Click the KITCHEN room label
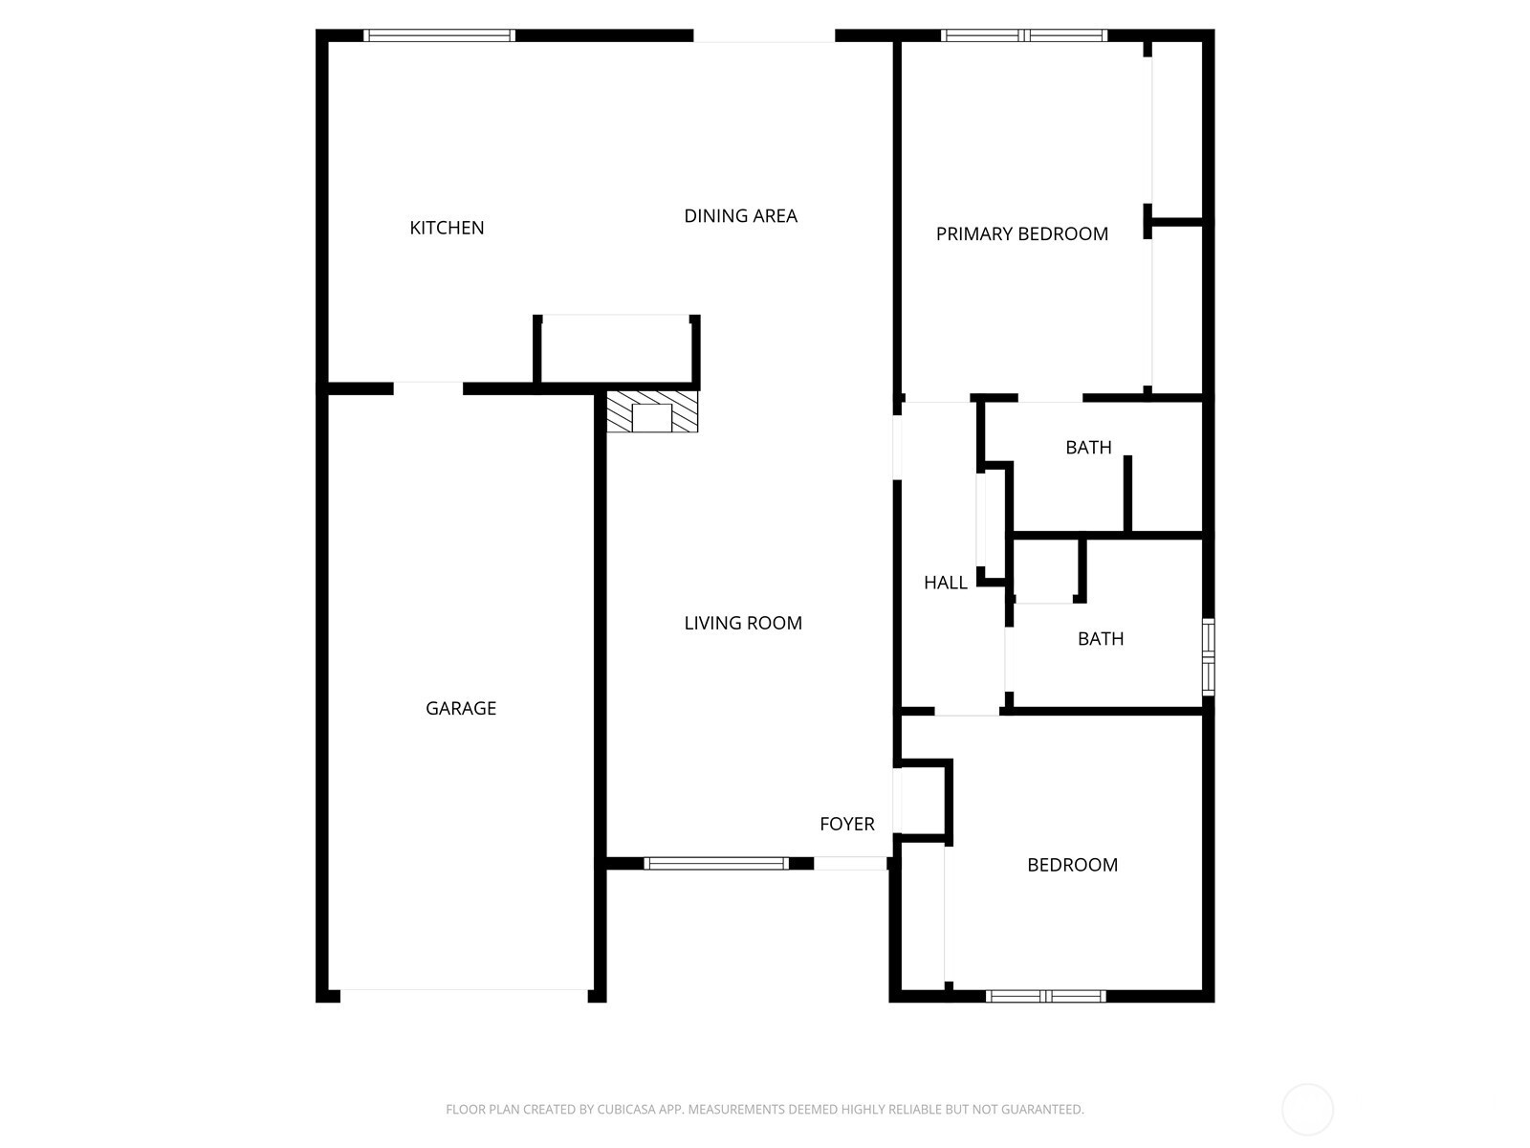[x=447, y=228]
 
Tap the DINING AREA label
[x=740, y=216]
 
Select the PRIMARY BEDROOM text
[x=1022, y=234]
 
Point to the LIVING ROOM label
[x=743, y=623]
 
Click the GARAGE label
[x=461, y=708]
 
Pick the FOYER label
[x=847, y=824]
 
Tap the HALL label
[x=945, y=583]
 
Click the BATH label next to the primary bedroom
[x=1088, y=448]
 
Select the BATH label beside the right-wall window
[x=1101, y=639]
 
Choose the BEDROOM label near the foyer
[x=1072, y=865]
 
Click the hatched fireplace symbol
[x=652, y=411]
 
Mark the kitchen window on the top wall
[x=439, y=35]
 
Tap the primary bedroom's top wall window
[x=1024, y=35]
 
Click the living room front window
[x=716, y=864]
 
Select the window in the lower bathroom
[x=1209, y=656]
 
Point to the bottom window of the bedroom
[x=1045, y=996]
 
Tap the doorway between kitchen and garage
[x=428, y=388]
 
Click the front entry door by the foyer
[x=850, y=864]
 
